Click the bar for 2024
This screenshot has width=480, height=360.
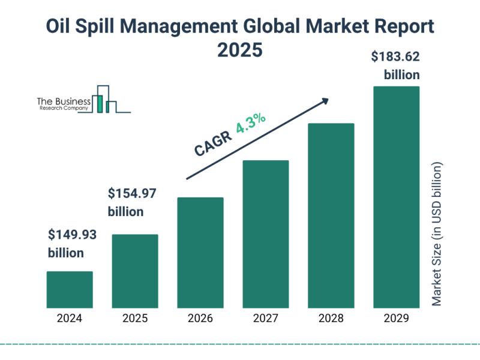tap(70, 289)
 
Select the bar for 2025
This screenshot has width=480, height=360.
tap(135, 271)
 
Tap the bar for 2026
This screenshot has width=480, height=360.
tap(200, 252)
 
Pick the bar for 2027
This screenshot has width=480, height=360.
tap(266, 233)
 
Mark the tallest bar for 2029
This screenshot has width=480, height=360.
tap(397, 196)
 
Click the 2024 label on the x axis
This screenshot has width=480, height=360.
tap(70, 319)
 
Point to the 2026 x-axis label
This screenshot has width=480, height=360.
tap(200, 319)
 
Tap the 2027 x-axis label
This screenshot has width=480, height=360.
tap(266, 319)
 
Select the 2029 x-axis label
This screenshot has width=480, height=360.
tap(397, 319)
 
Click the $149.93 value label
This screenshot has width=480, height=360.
tap(72, 235)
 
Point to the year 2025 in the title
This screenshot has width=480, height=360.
tap(239, 50)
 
